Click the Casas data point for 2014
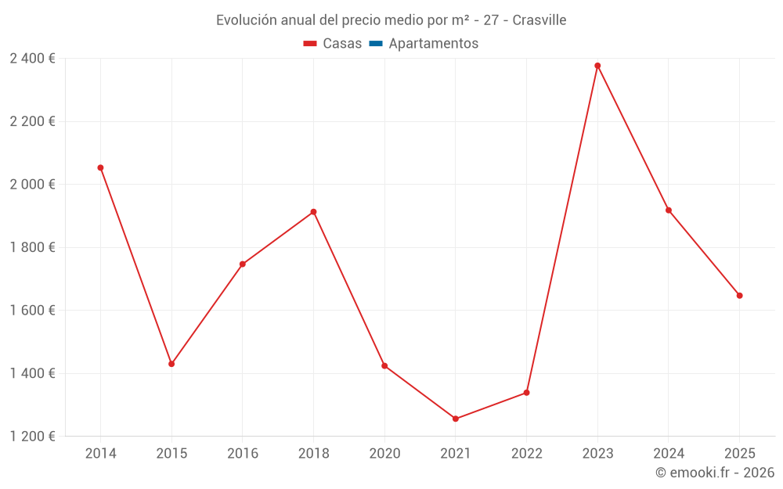tap(100, 167)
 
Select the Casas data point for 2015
tap(171, 364)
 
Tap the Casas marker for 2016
tap(243, 264)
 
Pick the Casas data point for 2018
tap(313, 212)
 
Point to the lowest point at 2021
tap(456, 419)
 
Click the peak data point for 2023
tap(597, 66)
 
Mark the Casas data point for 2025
tap(739, 296)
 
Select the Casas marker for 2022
tap(526, 393)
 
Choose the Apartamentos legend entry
tap(433, 44)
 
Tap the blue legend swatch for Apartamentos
tap(375, 44)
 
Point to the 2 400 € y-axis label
tap(32, 59)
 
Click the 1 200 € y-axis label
tap(32, 437)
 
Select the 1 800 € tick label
tap(32, 247)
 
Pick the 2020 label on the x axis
tap(384, 454)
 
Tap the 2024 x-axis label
tap(668, 454)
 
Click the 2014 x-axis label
tap(100, 454)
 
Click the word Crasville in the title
tap(539, 20)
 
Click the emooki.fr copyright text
tap(715, 473)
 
